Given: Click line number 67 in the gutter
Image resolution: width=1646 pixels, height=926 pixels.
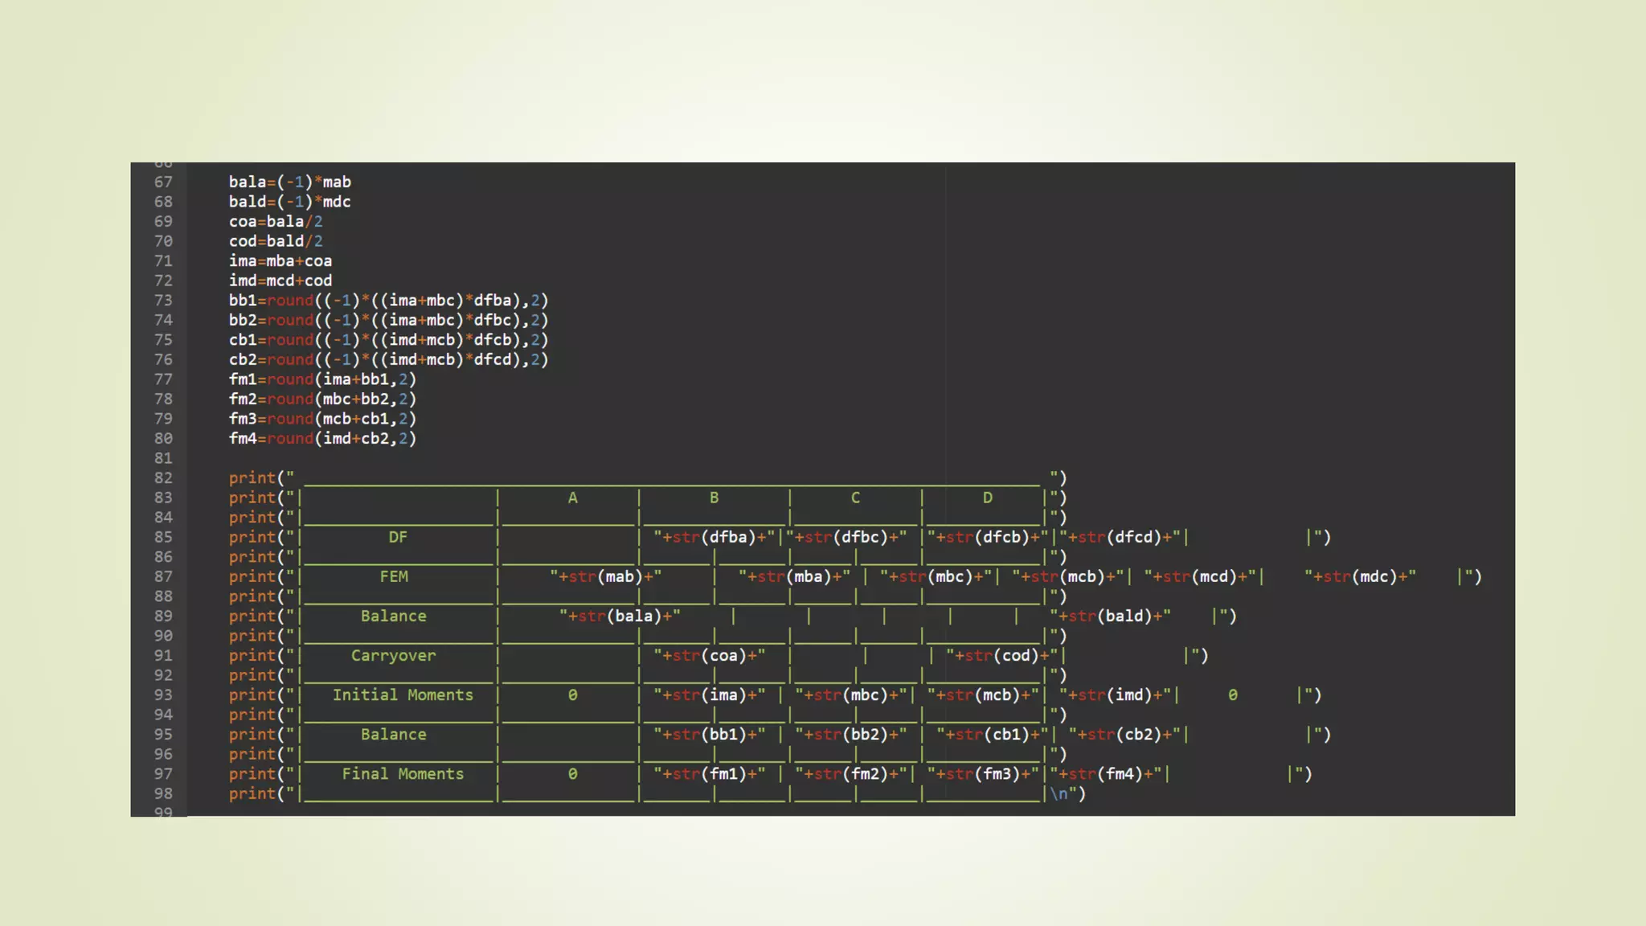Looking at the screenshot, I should click(163, 182).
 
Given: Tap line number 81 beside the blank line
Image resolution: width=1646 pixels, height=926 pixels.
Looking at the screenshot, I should click(163, 458).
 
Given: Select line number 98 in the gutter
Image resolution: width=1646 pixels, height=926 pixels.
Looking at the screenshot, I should click(163, 793).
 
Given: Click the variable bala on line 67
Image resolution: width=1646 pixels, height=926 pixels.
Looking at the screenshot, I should click(247, 182).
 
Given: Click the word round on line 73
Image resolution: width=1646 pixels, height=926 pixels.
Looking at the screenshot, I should click(290, 301).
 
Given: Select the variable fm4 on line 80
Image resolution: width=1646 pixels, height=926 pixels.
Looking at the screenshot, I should click(243, 438).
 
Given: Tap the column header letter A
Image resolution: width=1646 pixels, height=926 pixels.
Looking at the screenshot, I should click(572, 498).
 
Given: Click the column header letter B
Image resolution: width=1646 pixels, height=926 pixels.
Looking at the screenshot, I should click(714, 498).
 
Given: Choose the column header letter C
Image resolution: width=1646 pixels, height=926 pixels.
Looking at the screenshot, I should click(855, 498).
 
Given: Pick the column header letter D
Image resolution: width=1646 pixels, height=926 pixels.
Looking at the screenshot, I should click(987, 498).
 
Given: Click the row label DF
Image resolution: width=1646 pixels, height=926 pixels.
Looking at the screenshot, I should click(398, 537).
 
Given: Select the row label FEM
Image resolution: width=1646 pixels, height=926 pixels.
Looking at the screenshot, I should click(394, 576).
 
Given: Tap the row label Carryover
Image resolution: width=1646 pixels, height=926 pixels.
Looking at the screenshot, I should click(393, 655).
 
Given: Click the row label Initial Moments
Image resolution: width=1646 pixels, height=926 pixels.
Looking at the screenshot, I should click(403, 694).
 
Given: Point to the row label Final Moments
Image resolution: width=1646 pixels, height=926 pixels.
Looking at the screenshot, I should click(403, 773).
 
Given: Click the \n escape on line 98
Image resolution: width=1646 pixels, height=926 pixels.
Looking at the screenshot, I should click(1058, 793).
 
